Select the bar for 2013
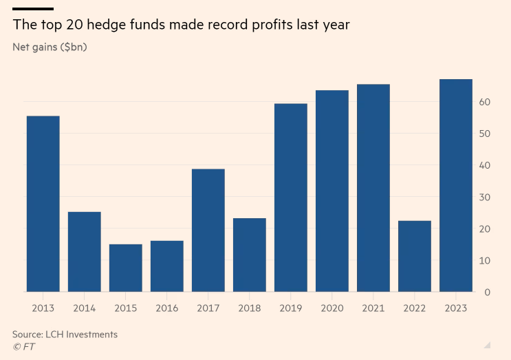point(43,204)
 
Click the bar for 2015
point(125,268)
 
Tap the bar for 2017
point(208,230)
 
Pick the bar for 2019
point(290,198)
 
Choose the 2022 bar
point(414,256)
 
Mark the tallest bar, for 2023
point(455,185)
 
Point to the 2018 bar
point(249,255)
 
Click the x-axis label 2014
point(84,308)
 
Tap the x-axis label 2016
point(166,308)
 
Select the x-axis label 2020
point(331,308)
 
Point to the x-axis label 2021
point(373,308)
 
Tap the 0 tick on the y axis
point(487,293)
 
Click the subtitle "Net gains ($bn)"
point(50,47)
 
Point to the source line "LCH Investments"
point(81,335)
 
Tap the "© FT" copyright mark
point(23,347)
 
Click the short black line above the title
point(33,9)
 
